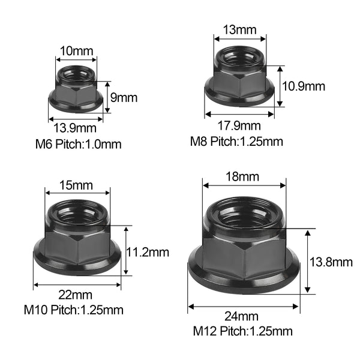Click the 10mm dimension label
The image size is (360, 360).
pos(76,51)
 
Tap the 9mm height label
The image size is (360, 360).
pos(124,98)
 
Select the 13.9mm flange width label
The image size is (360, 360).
pos(75,128)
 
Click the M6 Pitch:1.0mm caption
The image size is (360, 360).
pos(78,145)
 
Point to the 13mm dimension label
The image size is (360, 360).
pos(239,30)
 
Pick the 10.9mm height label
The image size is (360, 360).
pos(303,86)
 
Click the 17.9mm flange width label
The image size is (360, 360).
pos(239,126)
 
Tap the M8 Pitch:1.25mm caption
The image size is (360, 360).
pos(236,142)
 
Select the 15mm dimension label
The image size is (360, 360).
pos(76,185)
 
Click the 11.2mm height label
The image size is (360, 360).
pos(148,253)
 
